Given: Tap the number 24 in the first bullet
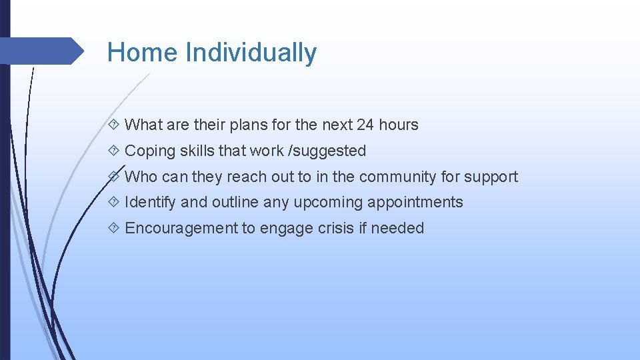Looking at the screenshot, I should pyautogui.click(x=365, y=125).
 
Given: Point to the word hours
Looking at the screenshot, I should pyautogui.click(x=399, y=125).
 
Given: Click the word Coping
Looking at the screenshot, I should pyautogui.click(x=150, y=151).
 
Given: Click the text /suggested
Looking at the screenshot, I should pyautogui.click(x=327, y=151).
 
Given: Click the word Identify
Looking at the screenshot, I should pyautogui.click(x=150, y=202).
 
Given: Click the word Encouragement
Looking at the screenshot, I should pyautogui.click(x=181, y=228).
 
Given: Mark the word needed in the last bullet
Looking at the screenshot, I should pyautogui.click(x=397, y=228).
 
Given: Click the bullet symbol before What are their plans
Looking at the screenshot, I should pyautogui.click(x=114, y=125).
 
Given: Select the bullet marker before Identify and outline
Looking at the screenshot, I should pyautogui.click(x=114, y=202).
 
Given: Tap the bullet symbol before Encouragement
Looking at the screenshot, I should pyautogui.click(x=114, y=228).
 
